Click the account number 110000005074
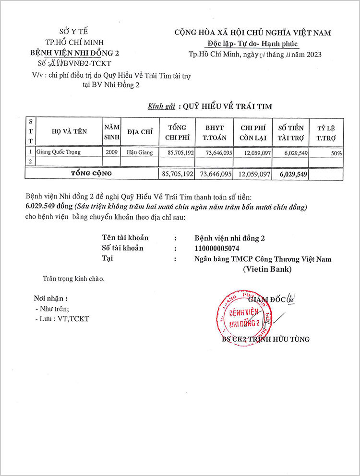coord(217,248)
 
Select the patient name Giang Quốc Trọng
coord(59,152)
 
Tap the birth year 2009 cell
coord(111,152)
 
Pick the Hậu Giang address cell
coord(139,152)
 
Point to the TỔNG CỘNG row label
coord(91,173)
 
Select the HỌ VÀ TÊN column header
coord(69,131)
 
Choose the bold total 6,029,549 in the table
coord(293,174)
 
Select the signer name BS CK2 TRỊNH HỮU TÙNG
coord(265,339)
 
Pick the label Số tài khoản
coord(122,248)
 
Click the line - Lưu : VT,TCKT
coord(62,319)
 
